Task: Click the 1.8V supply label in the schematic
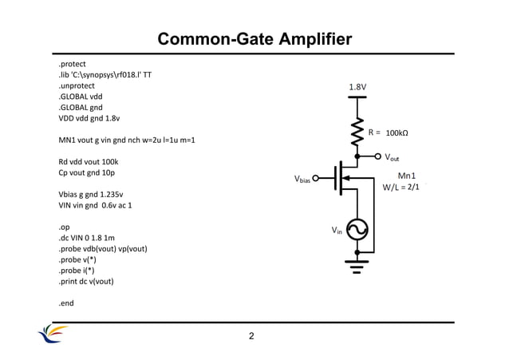tap(357, 86)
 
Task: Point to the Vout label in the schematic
tap(393, 158)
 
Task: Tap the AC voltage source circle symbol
tap(357, 230)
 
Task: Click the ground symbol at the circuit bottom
tap(357, 263)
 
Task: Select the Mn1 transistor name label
tap(407, 176)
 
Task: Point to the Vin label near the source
tap(337, 231)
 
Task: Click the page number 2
tap(251, 337)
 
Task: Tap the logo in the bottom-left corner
tap(53, 334)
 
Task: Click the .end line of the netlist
tap(68, 303)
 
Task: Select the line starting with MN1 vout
tap(127, 140)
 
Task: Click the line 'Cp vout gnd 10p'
tap(88, 172)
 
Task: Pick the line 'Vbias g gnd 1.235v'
tap(91, 194)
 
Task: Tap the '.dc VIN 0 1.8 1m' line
tap(87, 238)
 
